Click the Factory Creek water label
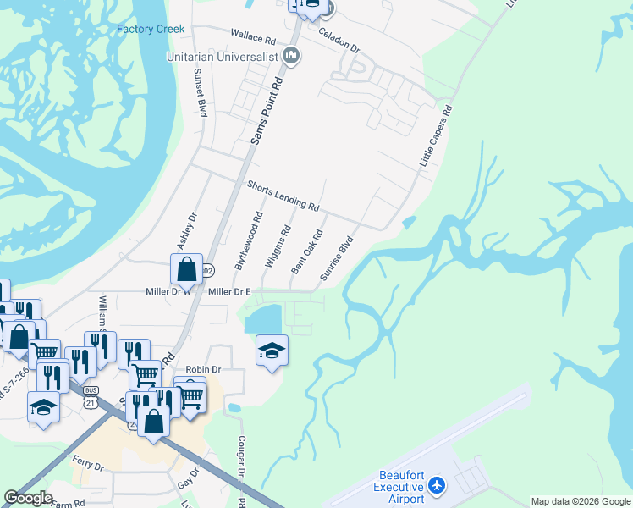click(x=151, y=29)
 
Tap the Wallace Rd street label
click(x=253, y=39)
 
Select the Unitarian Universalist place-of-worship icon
click(x=292, y=57)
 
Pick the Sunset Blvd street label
click(x=203, y=94)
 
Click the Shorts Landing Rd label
click(x=283, y=196)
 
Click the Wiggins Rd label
click(x=278, y=246)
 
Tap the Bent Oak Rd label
click(x=307, y=252)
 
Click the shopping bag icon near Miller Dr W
click(x=186, y=269)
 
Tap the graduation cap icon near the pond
click(x=272, y=351)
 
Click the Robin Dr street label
click(x=203, y=369)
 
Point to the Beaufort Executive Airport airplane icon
click(x=437, y=485)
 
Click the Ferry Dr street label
click(x=88, y=466)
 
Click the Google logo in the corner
click(x=28, y=498)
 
